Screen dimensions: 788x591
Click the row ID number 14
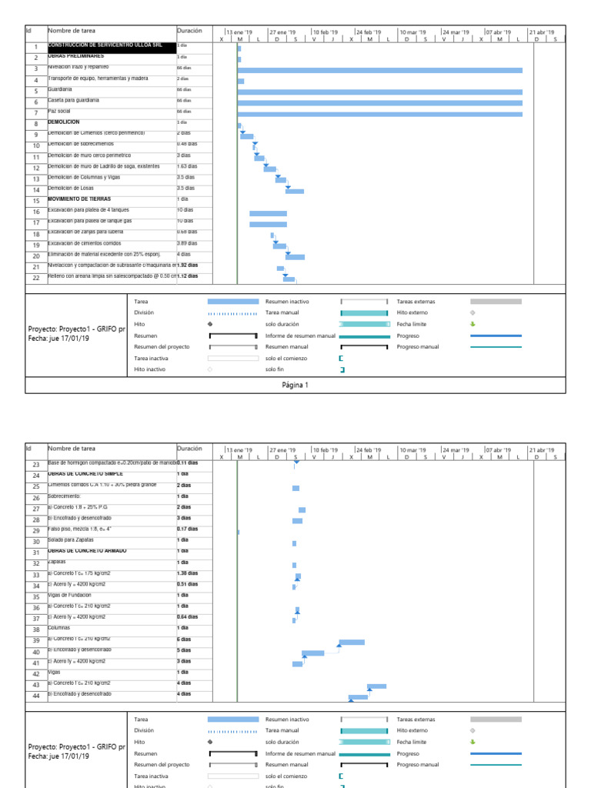pyautogui.click(x=35, y=190)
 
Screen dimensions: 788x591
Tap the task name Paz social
pyautogui.click(x=59, y=112)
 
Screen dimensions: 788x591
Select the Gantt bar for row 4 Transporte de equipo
pyautogui.click(x=241, y=81)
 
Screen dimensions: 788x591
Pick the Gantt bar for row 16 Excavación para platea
pyautogui.click(x=268, y=213)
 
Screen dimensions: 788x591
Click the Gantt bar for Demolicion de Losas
pyautogui.click(x=295, y=191)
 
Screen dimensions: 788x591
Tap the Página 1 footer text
pyautogui.click(x=295, y=385)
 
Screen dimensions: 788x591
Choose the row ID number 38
pyautogui.click(x=35, y=629)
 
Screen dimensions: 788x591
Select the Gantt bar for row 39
pyautogui.click(x=352, y=642)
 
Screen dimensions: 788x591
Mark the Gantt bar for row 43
pyautogui.click(x=376, y=686)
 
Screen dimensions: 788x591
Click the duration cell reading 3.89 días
pyautogui.click(x=187, y=243)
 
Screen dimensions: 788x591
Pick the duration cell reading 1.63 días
pyautogui.click(x=187, y=166)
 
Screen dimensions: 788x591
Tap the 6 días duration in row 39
pyautogui.click(x=184, y=639)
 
